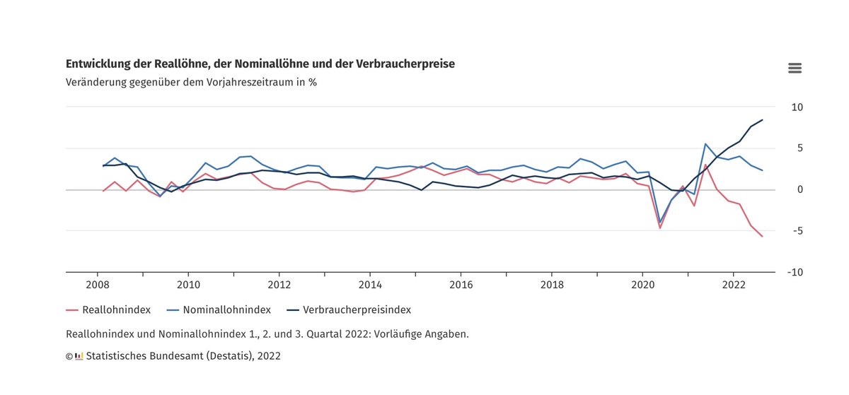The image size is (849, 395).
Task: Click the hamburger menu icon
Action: tap(795, 68)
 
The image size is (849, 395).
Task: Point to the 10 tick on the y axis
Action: tap(797, 107)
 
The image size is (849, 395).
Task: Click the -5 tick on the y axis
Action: tap(797, 231)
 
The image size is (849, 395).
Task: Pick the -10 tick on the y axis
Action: tap(795, 272)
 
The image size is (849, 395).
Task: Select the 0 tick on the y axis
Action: tap(799, 189)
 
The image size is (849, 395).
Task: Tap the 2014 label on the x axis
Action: tap(369, 285)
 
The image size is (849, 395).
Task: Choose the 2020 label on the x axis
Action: tap(642, 285)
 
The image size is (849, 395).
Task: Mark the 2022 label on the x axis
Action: tap(733, 285)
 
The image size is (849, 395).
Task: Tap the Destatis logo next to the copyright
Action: tap(79, 356)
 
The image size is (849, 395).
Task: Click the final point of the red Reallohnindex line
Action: tap(762, 236)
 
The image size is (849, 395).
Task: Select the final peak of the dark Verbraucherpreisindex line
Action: tap(762, 120)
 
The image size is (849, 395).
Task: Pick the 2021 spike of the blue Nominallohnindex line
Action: tap(705, 144)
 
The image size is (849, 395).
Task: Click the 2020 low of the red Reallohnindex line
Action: tap(660, 228)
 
